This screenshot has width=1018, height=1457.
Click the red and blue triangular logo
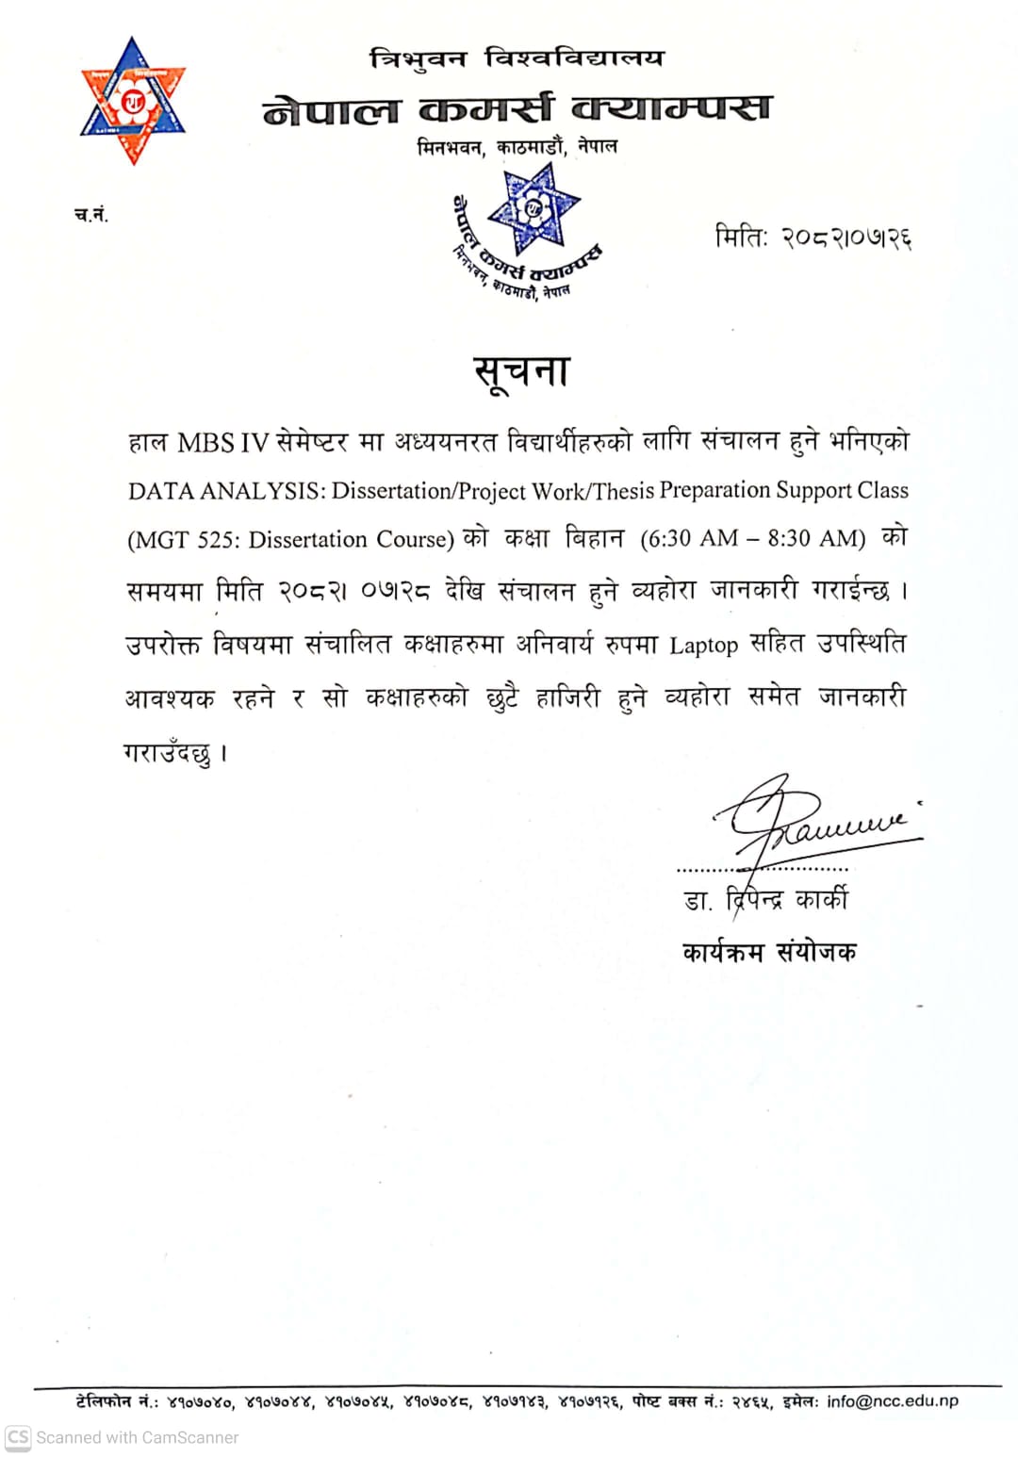133,101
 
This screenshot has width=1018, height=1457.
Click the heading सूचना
521,371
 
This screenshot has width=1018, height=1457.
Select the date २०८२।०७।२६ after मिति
846,237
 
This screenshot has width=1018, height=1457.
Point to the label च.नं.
91,215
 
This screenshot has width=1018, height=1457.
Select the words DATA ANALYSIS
226,491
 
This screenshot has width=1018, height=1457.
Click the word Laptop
703,646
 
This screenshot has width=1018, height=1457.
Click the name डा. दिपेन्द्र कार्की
765,900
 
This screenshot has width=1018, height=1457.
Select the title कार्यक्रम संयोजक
769,952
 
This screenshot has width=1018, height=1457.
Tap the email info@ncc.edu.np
893,1401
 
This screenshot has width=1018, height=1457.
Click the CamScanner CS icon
18,1437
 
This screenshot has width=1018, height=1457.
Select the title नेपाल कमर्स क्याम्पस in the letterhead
517,109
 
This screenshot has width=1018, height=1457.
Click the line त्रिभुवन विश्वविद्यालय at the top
517,58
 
